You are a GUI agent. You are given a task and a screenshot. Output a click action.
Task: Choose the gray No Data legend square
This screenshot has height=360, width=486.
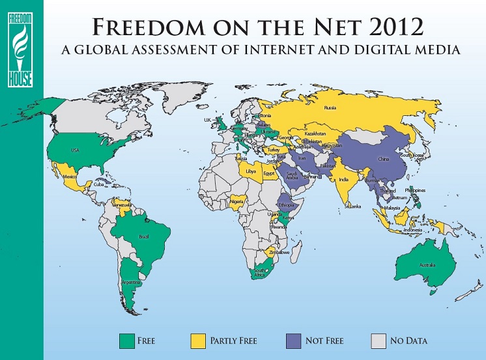(379, 340)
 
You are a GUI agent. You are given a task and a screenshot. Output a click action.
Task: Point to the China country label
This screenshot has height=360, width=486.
(384, 158)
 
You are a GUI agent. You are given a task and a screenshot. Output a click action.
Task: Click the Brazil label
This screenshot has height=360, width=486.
(144, 236)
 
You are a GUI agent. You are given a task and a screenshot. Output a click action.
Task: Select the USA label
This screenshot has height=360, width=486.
(75, 150)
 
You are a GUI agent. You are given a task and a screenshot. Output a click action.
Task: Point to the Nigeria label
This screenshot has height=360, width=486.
(237, 201)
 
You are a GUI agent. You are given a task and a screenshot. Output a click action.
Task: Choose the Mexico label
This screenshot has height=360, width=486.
(70, 176)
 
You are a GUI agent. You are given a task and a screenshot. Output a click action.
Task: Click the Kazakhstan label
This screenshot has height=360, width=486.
(315, 133)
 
